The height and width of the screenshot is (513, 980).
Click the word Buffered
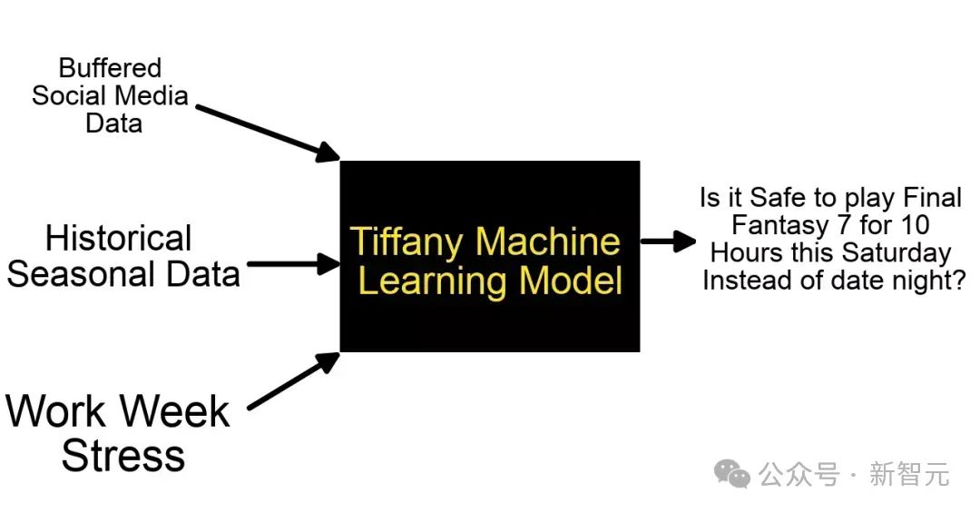tap(110, 68)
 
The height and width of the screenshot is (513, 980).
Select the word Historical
tap(119, 239)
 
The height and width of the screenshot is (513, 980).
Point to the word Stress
tap(123, 455)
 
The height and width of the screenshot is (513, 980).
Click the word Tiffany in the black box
tap(407, 242)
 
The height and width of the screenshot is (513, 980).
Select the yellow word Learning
tap(424, 281)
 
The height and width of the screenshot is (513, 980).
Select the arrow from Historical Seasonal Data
tap(292, 265)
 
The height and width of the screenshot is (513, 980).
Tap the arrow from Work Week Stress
tap(293, 380)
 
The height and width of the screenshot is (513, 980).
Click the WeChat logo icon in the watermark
tap(731, 473)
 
